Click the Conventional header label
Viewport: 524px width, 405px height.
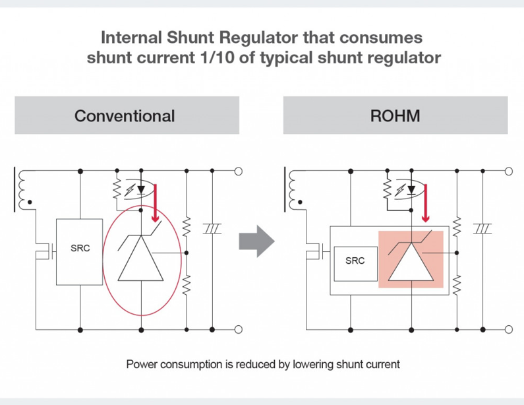pos(125,116)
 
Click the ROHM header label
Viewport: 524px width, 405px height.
pos(395,116)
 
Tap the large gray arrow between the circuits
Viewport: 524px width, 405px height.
pos(256,240)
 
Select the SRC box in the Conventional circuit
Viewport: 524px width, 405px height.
pos(80,249)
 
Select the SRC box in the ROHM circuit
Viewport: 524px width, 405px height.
pos(355,261)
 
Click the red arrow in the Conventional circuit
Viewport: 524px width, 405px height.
pos(156,202)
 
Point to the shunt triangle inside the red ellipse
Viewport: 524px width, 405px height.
pos(142,261)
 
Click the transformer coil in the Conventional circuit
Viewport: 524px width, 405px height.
pos(26,189)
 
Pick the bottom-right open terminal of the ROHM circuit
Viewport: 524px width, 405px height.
pos(508,328)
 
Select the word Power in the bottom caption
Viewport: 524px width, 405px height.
pos(141,363)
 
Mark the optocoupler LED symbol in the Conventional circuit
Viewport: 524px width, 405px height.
pos(140,189)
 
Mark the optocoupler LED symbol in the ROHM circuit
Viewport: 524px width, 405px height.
pos(411,189)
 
